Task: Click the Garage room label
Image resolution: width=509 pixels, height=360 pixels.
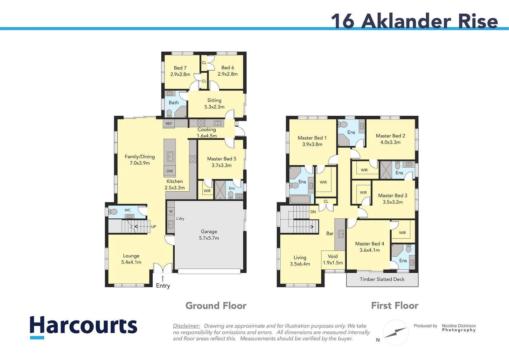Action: tap(209, 235)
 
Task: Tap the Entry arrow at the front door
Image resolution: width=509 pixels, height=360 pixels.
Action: tap(163, 279)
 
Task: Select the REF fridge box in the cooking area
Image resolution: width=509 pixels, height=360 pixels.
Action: tap(169, 124)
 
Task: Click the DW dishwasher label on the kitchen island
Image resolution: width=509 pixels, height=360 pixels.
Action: tap(170, 171)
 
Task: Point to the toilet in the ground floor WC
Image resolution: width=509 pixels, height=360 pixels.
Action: tap(113, 212)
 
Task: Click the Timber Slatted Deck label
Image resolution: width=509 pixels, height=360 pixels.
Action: tap(382, 279)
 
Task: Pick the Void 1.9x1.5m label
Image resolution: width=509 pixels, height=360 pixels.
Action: tap(333, 259)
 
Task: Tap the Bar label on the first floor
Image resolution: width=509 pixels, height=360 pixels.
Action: tap(330, 233)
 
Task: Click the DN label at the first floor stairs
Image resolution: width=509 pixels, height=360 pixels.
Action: tap(313, 212)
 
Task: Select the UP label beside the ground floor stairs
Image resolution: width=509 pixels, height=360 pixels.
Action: tap(153, 227)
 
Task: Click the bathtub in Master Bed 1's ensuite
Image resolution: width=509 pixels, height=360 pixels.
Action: tap(300, 199)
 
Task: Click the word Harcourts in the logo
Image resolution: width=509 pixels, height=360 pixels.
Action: tap(83, 325)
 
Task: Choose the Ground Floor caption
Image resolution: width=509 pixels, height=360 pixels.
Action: tap(216, 306)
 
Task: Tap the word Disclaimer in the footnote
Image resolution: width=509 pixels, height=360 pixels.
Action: tap(186, 326)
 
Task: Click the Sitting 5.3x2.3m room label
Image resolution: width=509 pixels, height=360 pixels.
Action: tap(214, 103)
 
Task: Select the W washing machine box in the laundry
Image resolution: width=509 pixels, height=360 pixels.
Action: tap(171, 211)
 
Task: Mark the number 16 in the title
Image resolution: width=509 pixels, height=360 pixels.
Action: tap(342, 21)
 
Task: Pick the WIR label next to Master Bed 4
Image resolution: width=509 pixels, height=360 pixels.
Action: tap(402, 233)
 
